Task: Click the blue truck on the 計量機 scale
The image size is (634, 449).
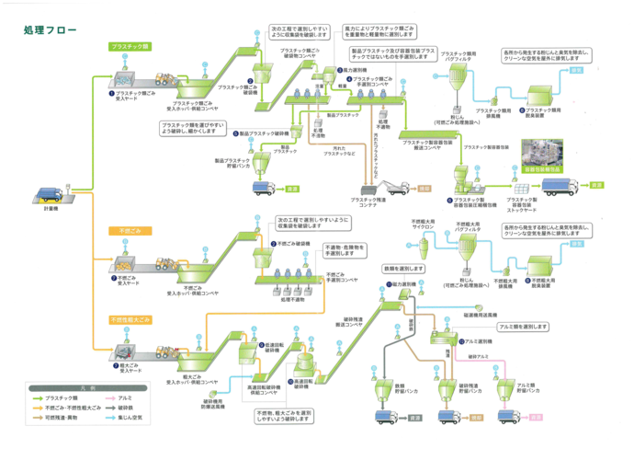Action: coord(48,196)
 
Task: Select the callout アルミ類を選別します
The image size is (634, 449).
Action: coord(525,327)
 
